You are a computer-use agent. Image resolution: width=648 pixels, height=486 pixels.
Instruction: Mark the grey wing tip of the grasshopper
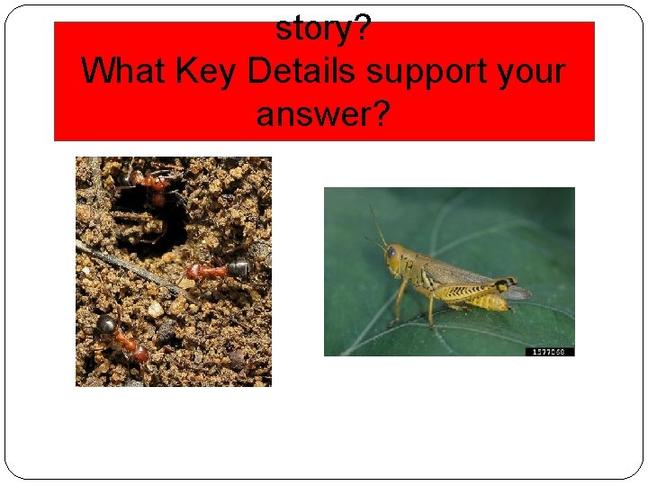[519, 292]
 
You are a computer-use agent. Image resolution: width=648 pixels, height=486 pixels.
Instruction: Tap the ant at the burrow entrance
[153, 184]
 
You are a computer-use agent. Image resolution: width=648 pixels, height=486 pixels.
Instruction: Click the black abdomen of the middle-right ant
[238, 267]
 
